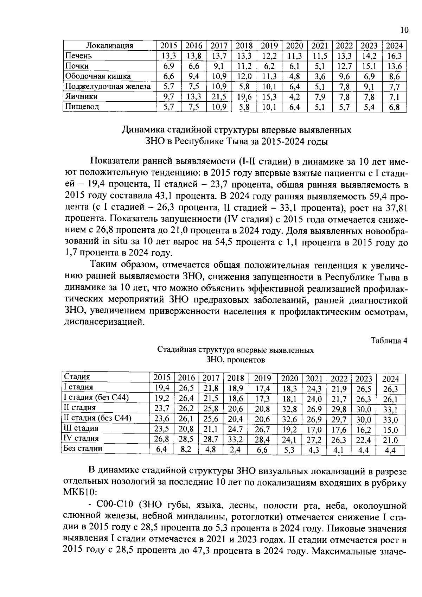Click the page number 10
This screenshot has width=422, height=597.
(x=404, y=30)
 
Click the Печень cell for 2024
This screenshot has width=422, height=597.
(x=394, y=56)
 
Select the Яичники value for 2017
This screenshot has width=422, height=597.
(x=219, y=96)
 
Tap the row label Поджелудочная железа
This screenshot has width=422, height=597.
(x=108, y=86)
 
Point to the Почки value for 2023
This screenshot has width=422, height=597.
(x=369, y=66)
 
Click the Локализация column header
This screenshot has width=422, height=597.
(x=110, y=45)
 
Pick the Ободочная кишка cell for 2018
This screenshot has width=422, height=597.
(x=244, y=76)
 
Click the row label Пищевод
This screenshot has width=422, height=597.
(x=81, y=106)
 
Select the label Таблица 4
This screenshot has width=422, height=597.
(x=389, y=341)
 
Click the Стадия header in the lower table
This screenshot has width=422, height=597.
(x=77, y=377)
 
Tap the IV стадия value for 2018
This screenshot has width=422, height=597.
(x=236, y=439)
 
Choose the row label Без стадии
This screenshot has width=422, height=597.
(x=83, y=449)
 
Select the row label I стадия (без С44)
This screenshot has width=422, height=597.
(x=96, y=398)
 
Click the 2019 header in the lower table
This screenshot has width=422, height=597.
(x=262, y=379)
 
